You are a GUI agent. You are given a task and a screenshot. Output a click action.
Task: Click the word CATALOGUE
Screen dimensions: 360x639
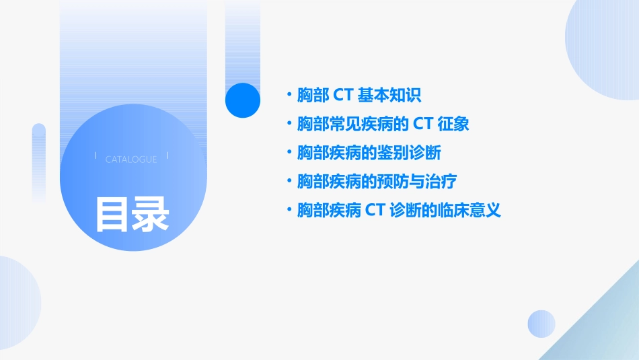click(131, 159)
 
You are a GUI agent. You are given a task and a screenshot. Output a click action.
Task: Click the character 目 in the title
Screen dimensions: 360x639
click(112, 214)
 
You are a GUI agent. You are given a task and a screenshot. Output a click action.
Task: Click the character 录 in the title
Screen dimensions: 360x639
click(150, 214)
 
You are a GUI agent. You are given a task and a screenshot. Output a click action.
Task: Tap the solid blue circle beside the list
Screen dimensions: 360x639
click(243, 100)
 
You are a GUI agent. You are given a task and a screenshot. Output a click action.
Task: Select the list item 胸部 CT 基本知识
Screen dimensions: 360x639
click(359, 96)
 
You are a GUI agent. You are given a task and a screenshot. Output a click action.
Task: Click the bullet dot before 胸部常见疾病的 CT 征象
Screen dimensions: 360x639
click(289, 124)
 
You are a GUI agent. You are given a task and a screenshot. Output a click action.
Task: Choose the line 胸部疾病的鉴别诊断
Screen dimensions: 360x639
click(369, 153)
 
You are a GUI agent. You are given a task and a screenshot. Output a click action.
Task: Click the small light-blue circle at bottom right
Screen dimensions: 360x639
click(541, 324)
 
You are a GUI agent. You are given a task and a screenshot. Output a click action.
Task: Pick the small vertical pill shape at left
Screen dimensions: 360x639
click(39, 161)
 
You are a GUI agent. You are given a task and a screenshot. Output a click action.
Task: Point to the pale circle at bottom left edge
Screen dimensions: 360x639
click(17, 303)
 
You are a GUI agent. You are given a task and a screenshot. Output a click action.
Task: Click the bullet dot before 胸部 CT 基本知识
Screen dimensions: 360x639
click(289, 96)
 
